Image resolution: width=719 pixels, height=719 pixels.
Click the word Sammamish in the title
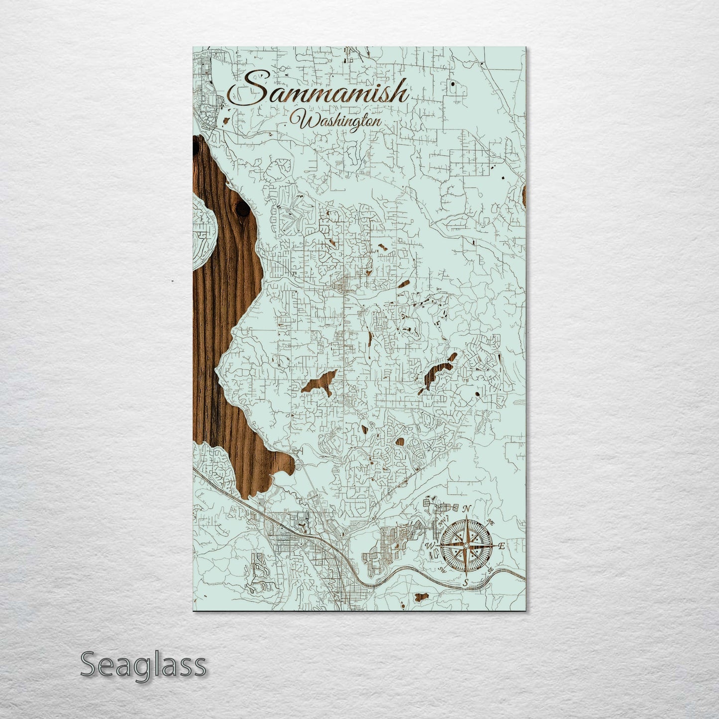[318, 93]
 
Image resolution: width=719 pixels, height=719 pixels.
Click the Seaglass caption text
[143, 664]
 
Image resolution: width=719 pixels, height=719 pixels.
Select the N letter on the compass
[467, 509]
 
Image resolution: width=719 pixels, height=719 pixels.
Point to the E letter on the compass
[502, 546]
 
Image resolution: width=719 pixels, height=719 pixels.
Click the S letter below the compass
[466, 582]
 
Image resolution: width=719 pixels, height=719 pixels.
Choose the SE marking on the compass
[491, 570]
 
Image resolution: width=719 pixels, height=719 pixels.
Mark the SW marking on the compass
[442, 570]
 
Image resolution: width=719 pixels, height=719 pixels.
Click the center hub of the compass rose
[466, 546]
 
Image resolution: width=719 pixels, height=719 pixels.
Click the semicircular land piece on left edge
[205, 231]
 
